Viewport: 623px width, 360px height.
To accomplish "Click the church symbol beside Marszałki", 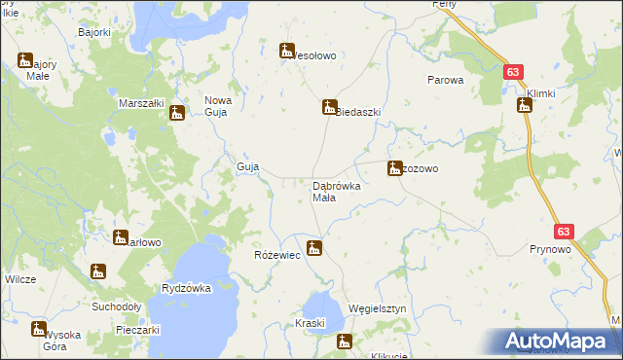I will tap(176, 113).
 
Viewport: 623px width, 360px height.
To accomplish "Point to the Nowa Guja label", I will tap(215, 105).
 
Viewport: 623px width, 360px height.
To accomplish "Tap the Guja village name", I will tap(247, 167).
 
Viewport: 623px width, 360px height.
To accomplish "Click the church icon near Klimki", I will tap(524, 105).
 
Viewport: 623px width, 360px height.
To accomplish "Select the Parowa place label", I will tap(446, 81).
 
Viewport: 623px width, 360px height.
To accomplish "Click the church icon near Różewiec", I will tap(313, 248).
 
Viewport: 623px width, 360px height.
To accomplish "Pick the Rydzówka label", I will tap(187, 288).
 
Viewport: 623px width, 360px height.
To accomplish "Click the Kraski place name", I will tap(310, 323).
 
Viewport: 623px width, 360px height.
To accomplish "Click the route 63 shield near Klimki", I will tap(514, 71).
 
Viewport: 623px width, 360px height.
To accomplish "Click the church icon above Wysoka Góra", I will tap(38, 328).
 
